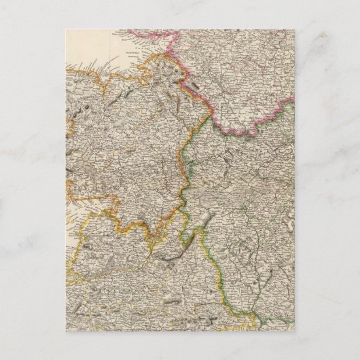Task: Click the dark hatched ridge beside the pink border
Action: tap(195, 86)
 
